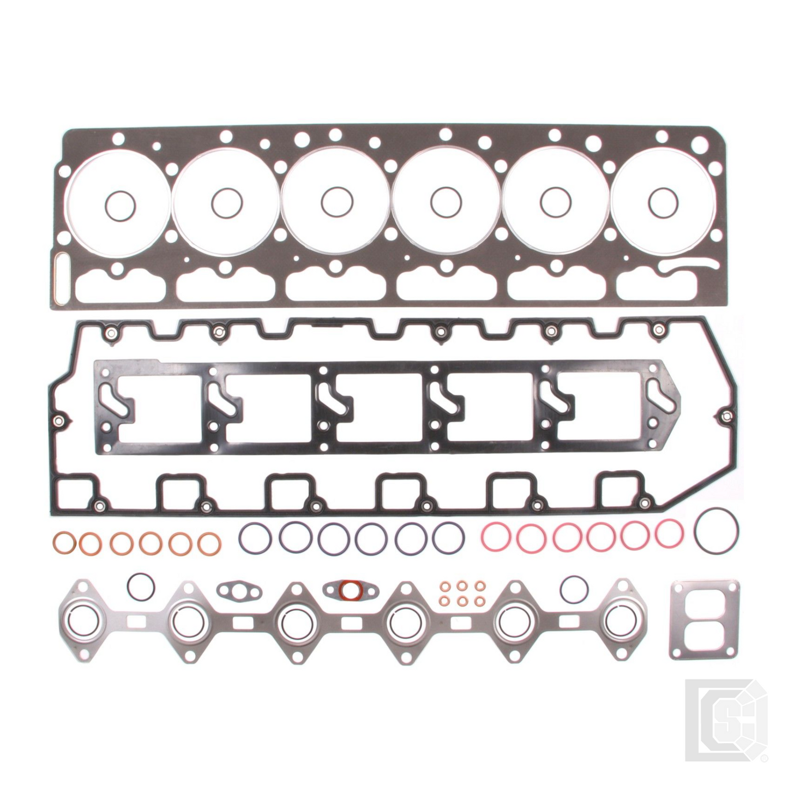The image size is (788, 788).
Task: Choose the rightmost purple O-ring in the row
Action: point(448,537)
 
